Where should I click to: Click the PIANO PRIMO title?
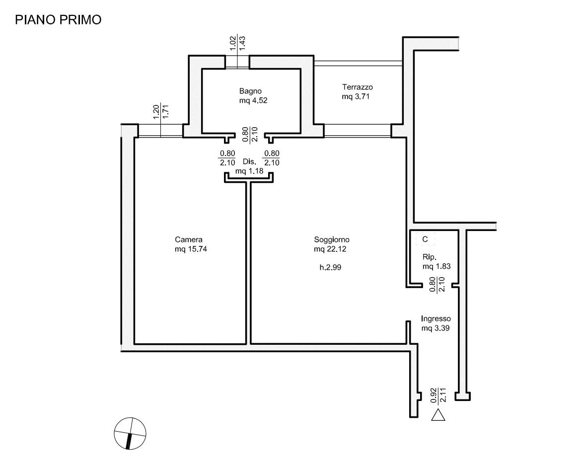[x=58, y=20]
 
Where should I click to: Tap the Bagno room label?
[x=250, y=91]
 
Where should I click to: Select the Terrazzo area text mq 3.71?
[x=356, y=97]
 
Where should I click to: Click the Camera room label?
[x=188, y=239]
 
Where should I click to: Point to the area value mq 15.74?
[x=191, y=249]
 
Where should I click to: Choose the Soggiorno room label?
[x=332, y=239]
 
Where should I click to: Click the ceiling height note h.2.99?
[x=330, y=267]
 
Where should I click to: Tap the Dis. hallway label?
[x=250, y=162]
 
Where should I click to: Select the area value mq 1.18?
[x=249, y=171]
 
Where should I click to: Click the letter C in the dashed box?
[x=425, y=239]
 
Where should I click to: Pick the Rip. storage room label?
[x=430, y=257]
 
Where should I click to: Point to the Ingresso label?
[x=436, y=319]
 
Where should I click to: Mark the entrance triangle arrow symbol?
[x=438, y=415]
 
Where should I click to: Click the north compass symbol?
[x=130, y=433]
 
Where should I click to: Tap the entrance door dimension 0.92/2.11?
[x=438, y=395]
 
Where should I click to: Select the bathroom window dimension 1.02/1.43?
[x=237, y=43]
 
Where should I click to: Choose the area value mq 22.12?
[x=330, y=249]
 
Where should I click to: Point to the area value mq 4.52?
[x=253, y=100]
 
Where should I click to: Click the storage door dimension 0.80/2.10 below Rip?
[x=437, y=285]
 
